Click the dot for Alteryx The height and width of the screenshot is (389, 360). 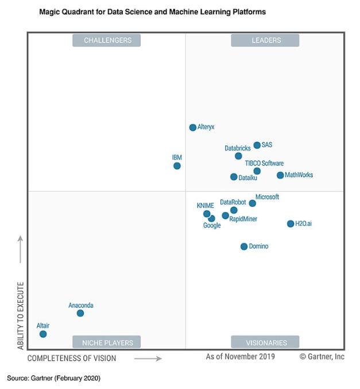point(193,128)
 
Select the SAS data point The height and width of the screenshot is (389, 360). point(257,145)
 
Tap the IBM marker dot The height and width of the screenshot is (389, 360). point(177,166)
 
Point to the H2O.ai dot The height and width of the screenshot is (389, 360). point(291,224)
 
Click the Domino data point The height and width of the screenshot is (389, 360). point(244,247)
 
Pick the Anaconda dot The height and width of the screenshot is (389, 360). point(80,313)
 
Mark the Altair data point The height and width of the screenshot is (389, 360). point(43,334)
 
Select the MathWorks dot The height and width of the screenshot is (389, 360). point(280,175)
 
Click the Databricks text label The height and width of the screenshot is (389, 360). point(237,148)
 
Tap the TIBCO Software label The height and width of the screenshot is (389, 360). point(264,163)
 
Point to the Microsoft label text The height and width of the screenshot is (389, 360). point(267,197)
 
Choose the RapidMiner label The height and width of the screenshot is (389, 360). point(243,219)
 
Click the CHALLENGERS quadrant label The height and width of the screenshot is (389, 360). point(107,40)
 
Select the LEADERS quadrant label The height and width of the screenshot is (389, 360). point(266,40)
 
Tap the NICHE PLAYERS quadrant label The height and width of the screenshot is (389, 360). point(107,342)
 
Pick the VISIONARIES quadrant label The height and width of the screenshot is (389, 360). point(266,342)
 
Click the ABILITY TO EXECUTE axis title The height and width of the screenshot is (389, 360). point(21,315)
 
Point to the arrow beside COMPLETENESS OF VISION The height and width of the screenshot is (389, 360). point(148,359)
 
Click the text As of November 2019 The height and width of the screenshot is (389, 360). point(240,357)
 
